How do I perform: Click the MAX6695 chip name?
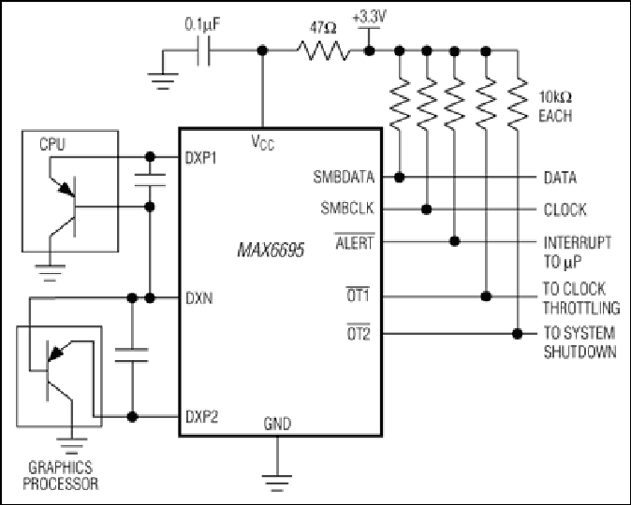coord(271,250)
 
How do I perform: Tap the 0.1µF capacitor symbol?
coord(203,50)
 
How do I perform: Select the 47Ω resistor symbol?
coord(323,50)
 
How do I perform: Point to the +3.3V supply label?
coord(369,17)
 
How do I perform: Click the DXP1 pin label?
coord(200,158)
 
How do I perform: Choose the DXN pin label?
coord(199,298)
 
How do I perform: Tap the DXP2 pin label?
coord(201,417)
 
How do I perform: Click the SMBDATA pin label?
coord(344,177)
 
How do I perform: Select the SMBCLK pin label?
coord(347,208)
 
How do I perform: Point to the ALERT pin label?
coord(355,242)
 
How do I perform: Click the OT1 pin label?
coord(358,296)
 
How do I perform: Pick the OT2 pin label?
coord(359,333)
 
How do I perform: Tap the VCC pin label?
coord(263,143)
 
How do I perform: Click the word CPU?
coord(51,144)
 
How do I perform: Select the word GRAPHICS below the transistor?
coord(60,468)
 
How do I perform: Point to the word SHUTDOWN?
coord(580,352)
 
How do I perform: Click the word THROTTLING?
coord(581,308)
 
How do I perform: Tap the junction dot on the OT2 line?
coord(518,333)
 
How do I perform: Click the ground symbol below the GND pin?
coord(277,483)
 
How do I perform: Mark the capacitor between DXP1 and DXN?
coord(150,180)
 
